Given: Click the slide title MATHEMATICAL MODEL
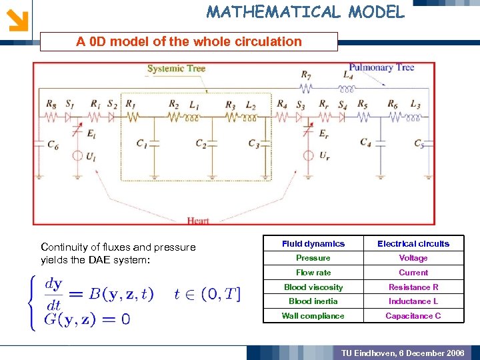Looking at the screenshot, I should coord(305,11).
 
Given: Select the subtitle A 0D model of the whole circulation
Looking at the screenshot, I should coord(189,41).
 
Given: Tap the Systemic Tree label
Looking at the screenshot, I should coord(176,69).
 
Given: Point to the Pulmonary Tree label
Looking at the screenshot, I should coord(382,67).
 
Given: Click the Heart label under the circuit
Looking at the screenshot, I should coord(198,221).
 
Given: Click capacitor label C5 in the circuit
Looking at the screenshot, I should coord(418,143).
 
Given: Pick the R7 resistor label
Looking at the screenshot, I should coord(305,75).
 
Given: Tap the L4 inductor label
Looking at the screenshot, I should coord(347,75).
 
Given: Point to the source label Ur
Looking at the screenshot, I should coord(324,156).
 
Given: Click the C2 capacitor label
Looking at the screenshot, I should coord(201,143).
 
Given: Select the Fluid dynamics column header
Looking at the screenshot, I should coord(313,244).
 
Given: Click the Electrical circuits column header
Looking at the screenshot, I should coord(413,244).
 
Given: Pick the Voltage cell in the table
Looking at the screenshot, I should coord(413,258).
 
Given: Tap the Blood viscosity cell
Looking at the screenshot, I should coord(313,287).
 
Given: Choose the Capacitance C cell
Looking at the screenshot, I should coord(413,316).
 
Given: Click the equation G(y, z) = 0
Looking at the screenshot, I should coord(87,319).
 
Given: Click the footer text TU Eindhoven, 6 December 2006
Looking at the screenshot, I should coord(403,352).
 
